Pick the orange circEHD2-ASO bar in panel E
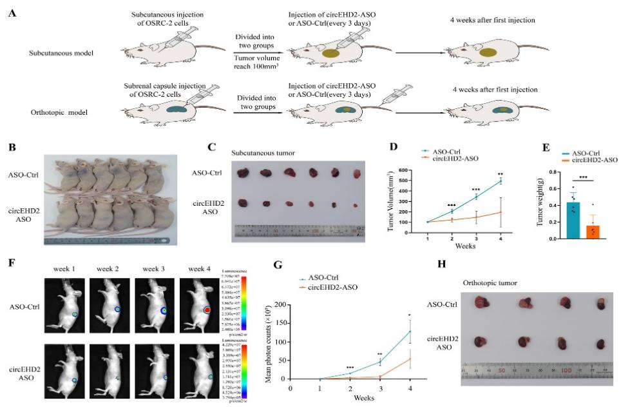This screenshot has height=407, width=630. [592, 232]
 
